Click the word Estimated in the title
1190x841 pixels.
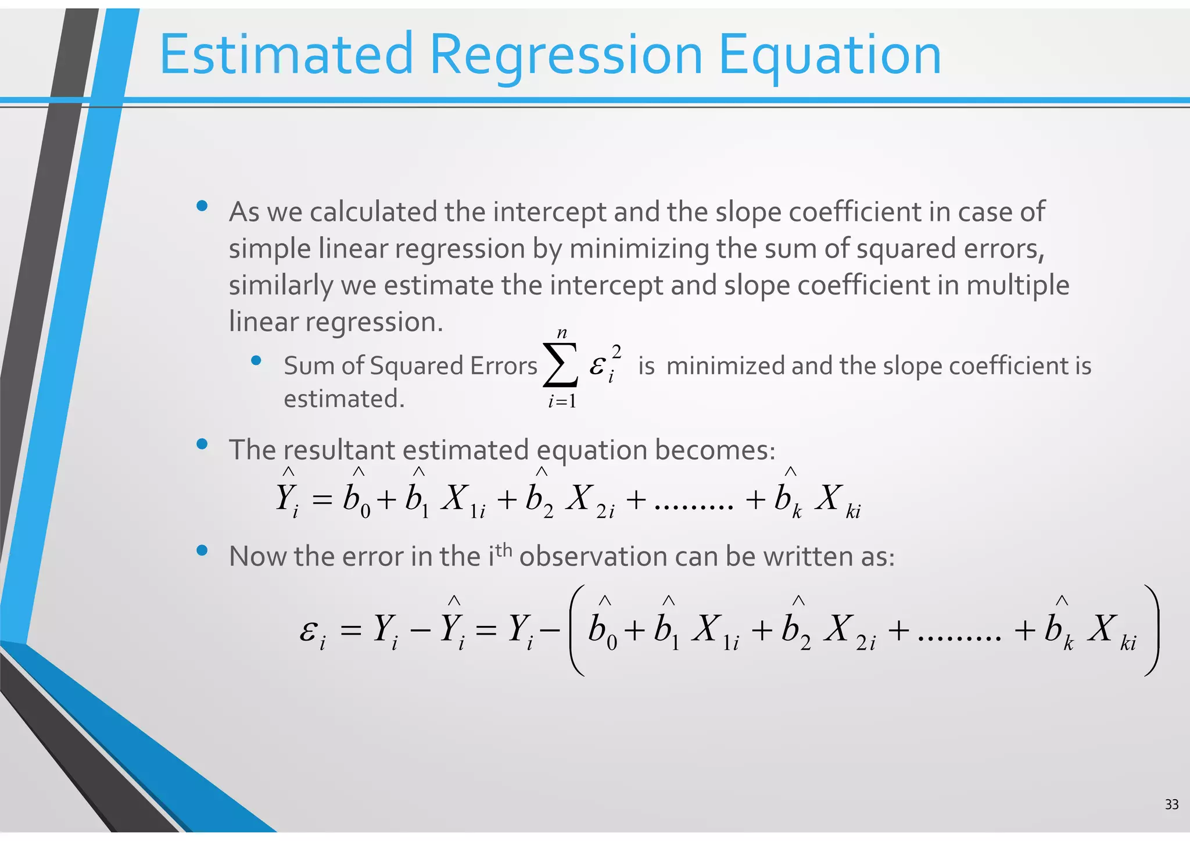pos(286,55)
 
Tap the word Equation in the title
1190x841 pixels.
pos(829,55)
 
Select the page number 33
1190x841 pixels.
pos(1171,804)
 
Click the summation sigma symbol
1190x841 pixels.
pos(560,365)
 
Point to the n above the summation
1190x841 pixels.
pos(561,333)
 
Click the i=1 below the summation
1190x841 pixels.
pos(562,401)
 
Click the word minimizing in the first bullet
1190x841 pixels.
pos(639,249)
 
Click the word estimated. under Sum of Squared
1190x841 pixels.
pos(343,399)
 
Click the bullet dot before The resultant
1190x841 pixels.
pos(202,445)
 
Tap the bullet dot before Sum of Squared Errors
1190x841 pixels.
pos(256,361)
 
